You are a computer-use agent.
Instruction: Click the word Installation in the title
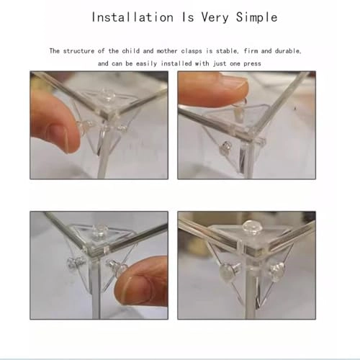click(x=132, y=17)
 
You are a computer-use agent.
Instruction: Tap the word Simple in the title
click(x=256, y=17)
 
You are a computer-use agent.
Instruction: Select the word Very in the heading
click(x=215, y=18)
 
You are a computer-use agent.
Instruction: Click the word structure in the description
click(x=78, y=51)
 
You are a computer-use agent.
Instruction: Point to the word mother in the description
click(x=167, y=51)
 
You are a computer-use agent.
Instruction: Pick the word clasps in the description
click(x=192, y=51)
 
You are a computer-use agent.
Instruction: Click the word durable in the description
click(x=288, y=51)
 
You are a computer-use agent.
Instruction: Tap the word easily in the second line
click(x=147, y=63)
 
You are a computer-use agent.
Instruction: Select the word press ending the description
click(x=252, y=64)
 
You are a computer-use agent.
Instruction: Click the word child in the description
click(x=131, y=51)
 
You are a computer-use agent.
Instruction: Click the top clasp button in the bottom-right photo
click(x=250, y=226)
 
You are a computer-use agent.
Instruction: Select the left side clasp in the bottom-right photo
click(x=229, y=269)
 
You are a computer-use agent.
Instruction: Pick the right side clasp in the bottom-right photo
click(x=277, y=269)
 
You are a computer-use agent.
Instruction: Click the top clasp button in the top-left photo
click(x=109, y=94)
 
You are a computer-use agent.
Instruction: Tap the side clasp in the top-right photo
click(x=227, y=147)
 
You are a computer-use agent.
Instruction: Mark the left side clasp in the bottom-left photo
click(x=76, y=262)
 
